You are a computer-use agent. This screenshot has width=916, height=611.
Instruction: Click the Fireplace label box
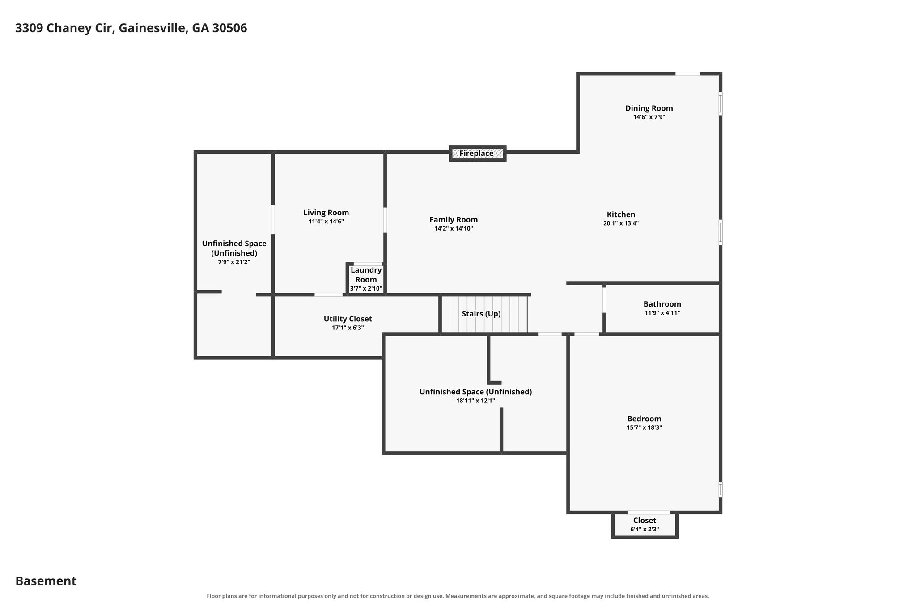click(x=477, y=154)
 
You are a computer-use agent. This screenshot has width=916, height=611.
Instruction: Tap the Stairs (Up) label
click(x=481, y=314)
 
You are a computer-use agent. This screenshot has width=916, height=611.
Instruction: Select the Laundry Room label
click(x=366, y=275)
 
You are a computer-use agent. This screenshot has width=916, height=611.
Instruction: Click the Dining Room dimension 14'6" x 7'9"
click(x=649, y=117)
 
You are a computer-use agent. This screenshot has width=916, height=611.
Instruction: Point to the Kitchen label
click(x=621, y=214)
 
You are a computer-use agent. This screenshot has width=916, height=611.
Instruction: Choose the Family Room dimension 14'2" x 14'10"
click(x=454, y=229)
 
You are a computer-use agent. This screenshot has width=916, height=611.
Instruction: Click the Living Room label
click(x=326, y=213)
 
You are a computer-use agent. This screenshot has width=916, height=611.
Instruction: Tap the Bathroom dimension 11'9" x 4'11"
click(x=662, y=313)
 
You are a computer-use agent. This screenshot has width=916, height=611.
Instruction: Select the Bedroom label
click(x=644, y=419)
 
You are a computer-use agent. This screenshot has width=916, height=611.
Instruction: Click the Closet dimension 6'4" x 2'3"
click(x=645, y=530)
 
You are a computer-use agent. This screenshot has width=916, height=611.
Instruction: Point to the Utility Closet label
click(x=348, y=319)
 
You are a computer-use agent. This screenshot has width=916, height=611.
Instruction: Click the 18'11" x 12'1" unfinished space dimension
click(x=475, y=401)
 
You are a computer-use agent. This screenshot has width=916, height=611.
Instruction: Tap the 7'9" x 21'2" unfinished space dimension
click(x=234, y=262)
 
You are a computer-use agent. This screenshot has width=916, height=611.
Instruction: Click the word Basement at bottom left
click(x=46, y=581)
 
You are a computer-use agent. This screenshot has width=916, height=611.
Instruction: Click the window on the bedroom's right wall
click(x=720, y=489)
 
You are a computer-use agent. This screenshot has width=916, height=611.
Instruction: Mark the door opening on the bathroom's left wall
click(x=604, y=300)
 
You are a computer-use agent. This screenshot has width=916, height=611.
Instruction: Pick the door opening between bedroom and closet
click(x=649, y=512)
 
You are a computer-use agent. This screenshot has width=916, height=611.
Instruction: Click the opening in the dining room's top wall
click(x=687, y=73)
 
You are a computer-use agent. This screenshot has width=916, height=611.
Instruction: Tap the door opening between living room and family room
click(x=385, y=220)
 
